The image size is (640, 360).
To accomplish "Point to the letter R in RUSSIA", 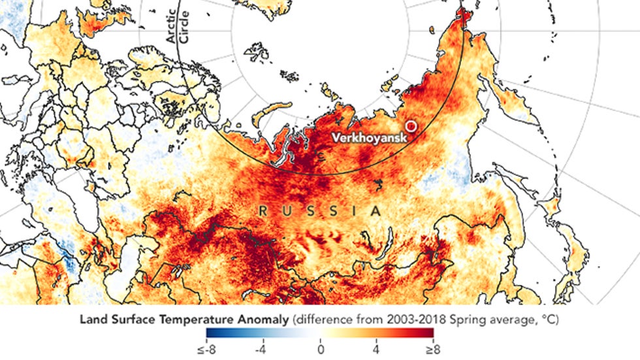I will (x=262, y=211).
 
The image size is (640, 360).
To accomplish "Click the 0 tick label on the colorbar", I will (x=321, y=350).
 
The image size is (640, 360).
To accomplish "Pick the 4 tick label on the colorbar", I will (x=376, y=350).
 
